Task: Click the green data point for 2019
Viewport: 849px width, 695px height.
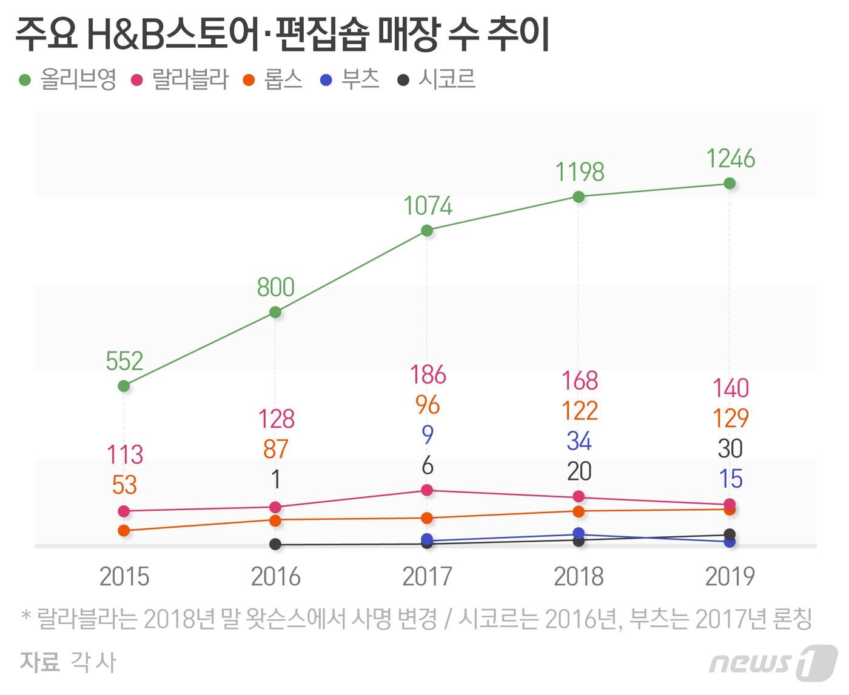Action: tap(730, 183)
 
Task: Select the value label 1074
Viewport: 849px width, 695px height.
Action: tap(428, 207)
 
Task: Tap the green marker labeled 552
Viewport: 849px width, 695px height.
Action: tap(124, 386)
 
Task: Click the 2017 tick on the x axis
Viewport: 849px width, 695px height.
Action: tap(427, 576)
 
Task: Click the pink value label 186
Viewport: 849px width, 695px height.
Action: tap(428, 375)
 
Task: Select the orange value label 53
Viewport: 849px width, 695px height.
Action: tap(124, 485)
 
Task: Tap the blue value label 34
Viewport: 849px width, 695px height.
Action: tap(579, 441)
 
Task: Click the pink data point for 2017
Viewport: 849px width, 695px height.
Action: tap(427, 490)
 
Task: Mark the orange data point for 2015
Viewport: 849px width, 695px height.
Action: tap(124, 530)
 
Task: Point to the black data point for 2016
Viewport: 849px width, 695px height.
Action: tap(275, 544)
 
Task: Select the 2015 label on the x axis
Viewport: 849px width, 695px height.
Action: tap(124, 576)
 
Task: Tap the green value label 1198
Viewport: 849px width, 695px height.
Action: tap(580, 172)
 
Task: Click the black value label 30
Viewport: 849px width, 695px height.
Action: tap(730, 449)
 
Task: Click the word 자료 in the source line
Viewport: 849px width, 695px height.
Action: tap(40, 662)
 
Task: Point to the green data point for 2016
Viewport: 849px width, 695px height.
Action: tap(275, 312)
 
